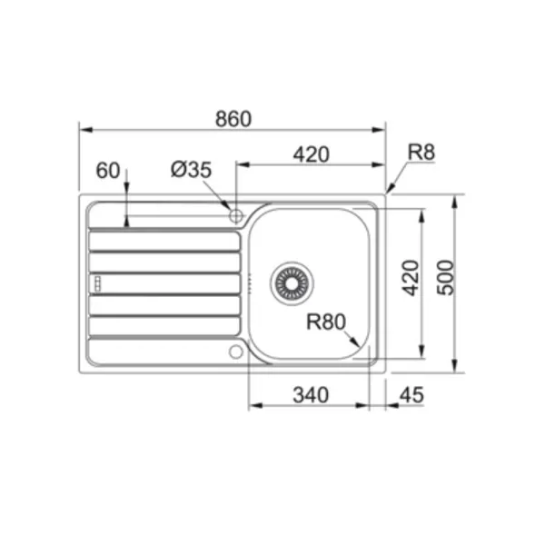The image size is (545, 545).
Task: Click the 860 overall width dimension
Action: (x=233, y=119)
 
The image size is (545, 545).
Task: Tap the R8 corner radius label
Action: (x=421, y=153)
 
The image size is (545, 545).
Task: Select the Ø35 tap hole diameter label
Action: (x=191, y=170)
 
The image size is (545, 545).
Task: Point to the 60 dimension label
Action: (x=108, y=171)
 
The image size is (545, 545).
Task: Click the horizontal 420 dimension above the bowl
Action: (x=311, y=154)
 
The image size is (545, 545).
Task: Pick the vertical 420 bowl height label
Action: (x=411, y=278)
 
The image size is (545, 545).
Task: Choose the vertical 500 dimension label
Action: (x=445, y=278)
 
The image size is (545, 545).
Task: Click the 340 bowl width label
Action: (x=311, y=395)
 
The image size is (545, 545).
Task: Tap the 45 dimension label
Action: (x=411, y=395)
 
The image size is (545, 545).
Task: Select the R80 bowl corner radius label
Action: (x=326, y=322)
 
